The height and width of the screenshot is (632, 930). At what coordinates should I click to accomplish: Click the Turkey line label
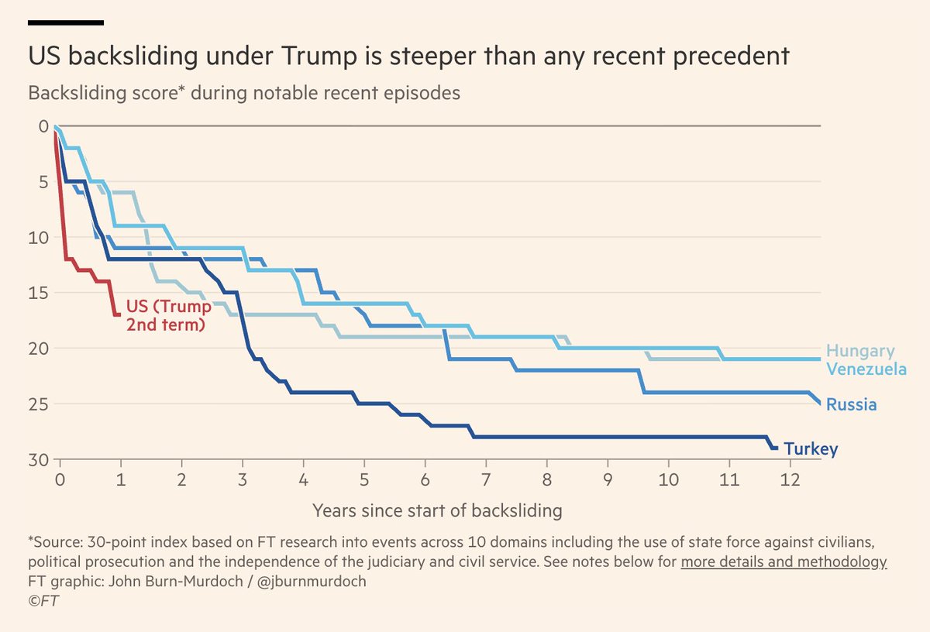[x=811, y=449]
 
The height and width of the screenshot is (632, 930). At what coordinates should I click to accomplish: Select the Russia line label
[x=851, y=404]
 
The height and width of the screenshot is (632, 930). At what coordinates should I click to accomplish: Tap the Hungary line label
[x=860, y=351]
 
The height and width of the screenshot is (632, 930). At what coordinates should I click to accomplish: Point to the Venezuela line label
[x=866, y=369]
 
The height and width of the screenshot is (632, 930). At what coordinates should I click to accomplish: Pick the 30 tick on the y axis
[x=39, y=459]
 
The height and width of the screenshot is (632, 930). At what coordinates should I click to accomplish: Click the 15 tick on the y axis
[x=39, y=293]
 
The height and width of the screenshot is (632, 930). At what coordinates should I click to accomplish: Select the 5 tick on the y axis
[x=43, y=182]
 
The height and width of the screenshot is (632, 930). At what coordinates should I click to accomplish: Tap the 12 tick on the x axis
[x=789, y=479]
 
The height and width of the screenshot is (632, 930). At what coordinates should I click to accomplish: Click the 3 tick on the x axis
[x=243, y=479]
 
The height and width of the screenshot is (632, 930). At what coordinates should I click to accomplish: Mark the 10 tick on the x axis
[x=668, y=479]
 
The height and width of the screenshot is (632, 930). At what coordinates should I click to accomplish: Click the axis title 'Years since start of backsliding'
[x=437, y=511]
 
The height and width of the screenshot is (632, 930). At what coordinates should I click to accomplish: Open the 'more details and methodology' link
[x=784, y=562]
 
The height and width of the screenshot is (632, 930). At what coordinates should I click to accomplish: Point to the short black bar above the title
[x=66, y=22]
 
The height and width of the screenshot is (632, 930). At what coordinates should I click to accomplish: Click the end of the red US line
[x=117, y=314]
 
